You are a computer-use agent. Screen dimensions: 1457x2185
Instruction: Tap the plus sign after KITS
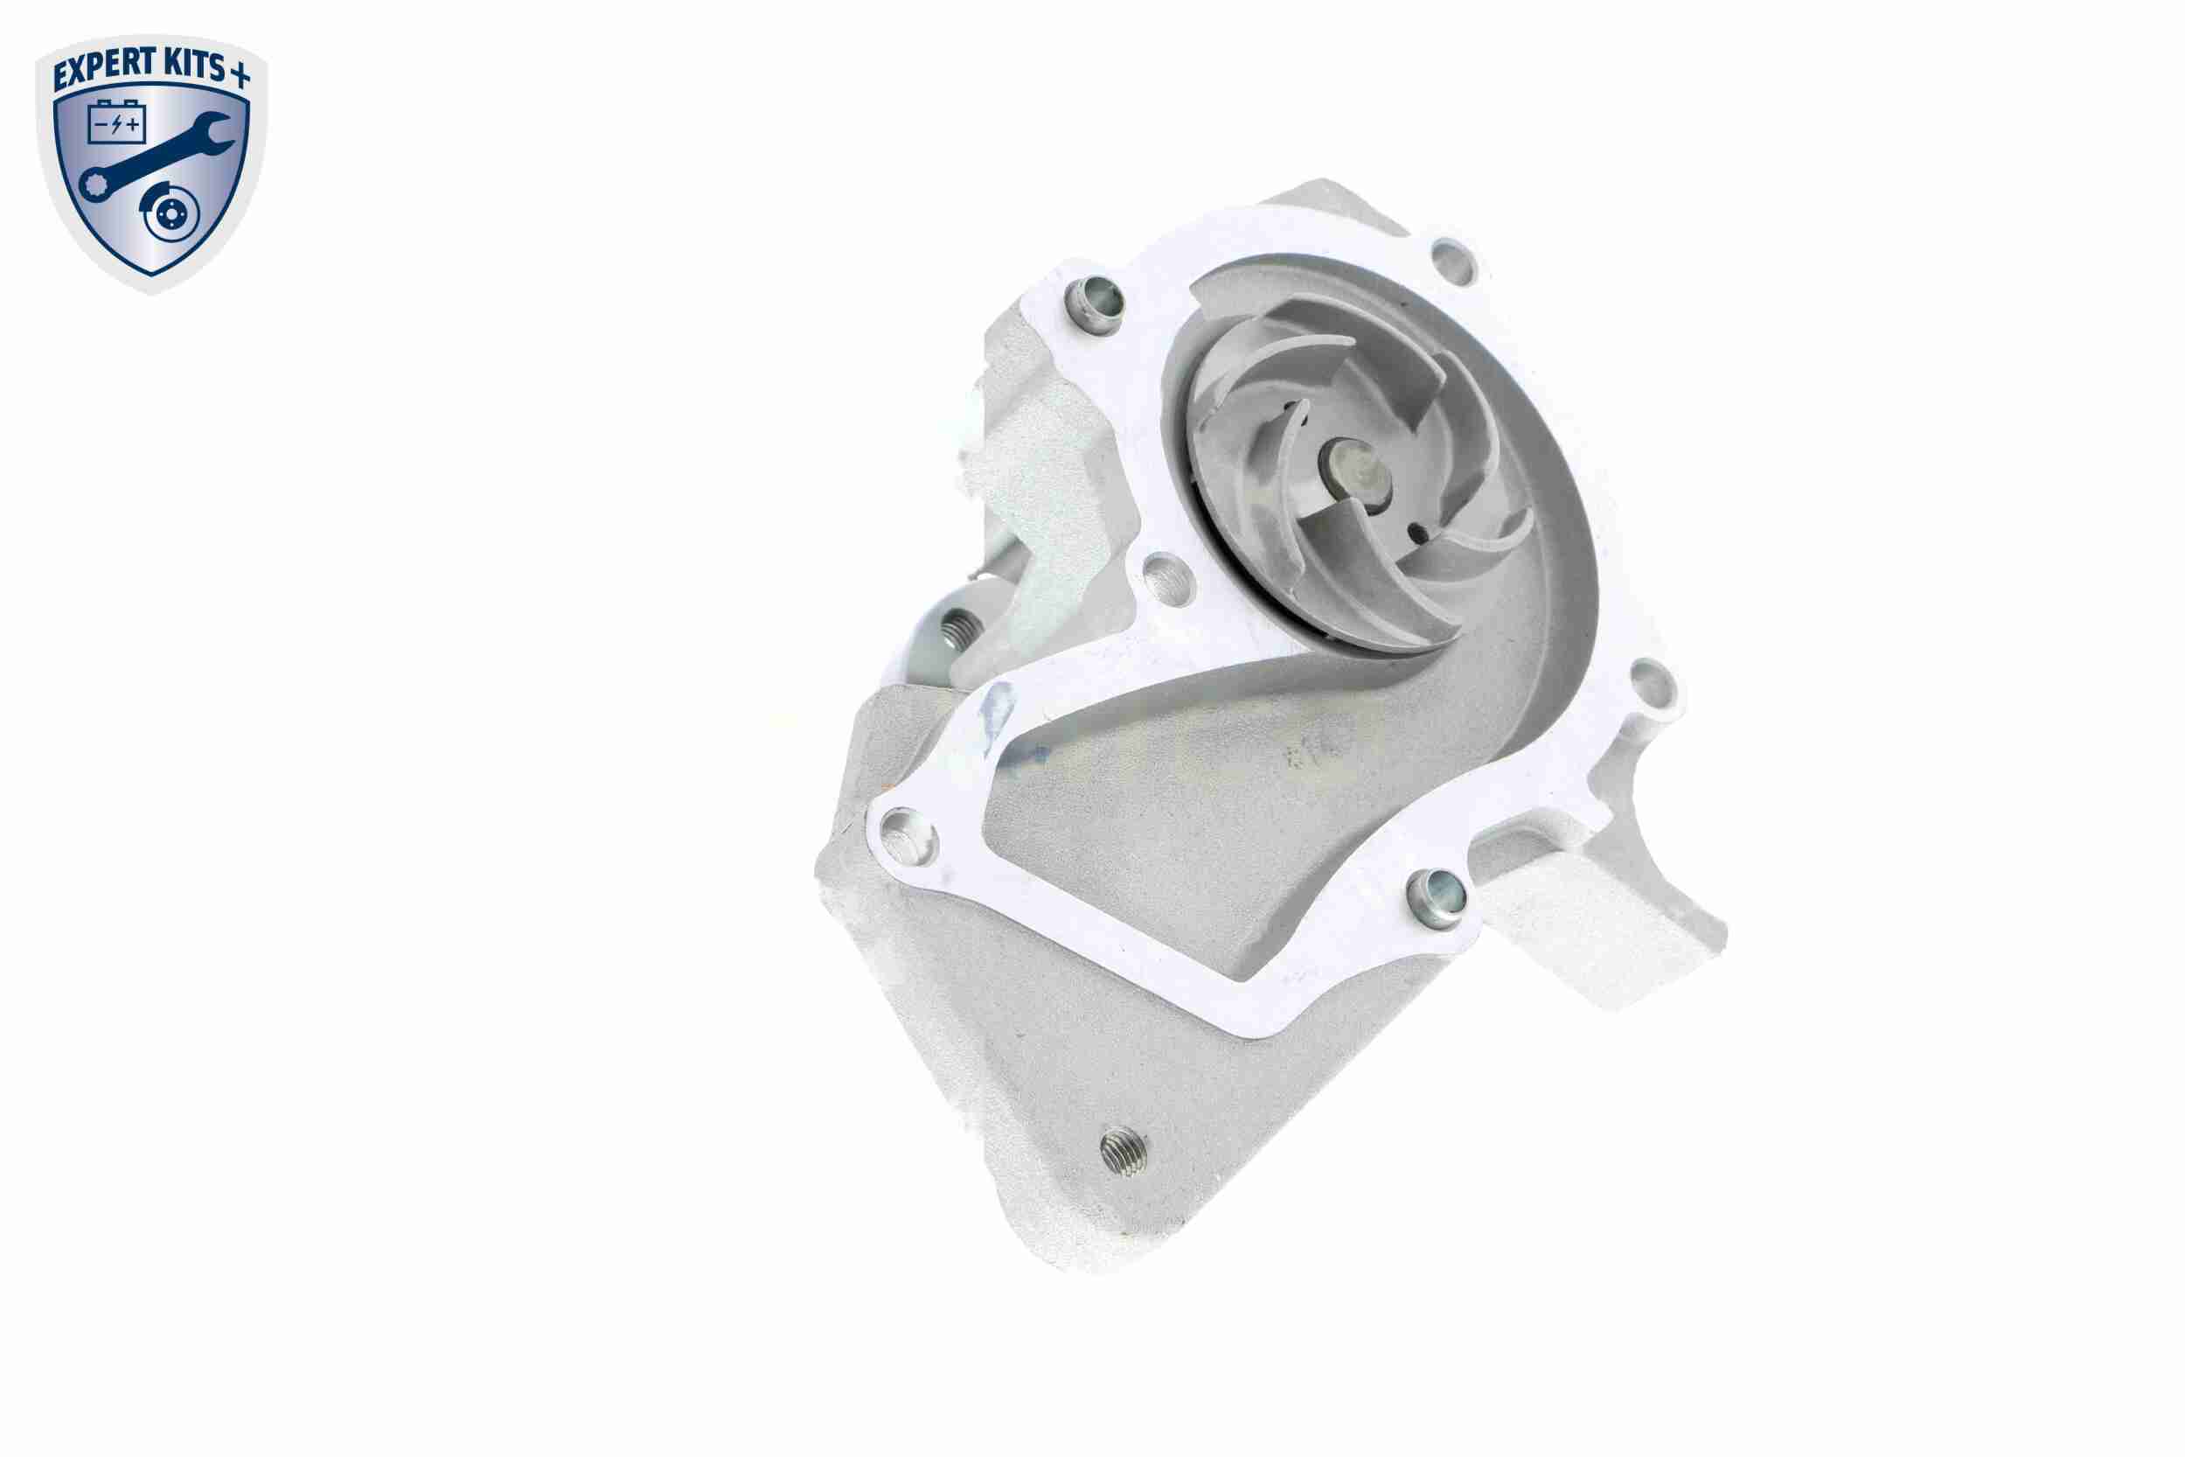click(240, 74)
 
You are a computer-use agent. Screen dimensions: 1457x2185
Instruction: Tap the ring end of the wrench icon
click(94, 184)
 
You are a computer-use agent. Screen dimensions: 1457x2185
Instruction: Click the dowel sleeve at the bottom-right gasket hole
click(1437, 896)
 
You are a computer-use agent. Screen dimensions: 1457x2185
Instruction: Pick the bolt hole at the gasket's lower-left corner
click(902, 831)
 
